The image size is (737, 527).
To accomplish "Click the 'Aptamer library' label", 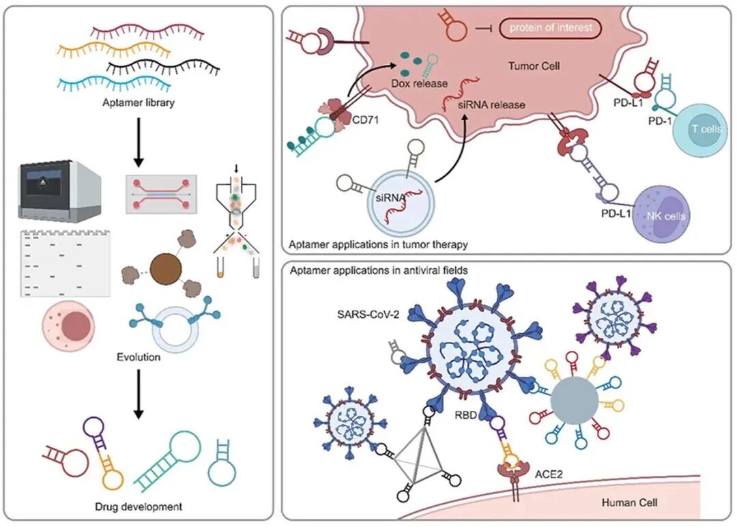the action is tap(138, 102).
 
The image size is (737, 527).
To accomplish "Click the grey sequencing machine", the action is tap(59, 190).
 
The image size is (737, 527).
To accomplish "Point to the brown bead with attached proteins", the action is tap(166, 269).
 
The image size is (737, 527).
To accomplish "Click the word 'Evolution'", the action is tap(138, 357).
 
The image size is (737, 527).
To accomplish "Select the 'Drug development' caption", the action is tap(138, 507).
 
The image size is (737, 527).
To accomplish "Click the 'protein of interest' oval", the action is tap(550, 28).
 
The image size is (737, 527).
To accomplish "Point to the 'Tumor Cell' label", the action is tap(534, 66).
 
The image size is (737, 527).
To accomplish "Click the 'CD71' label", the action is tap(365, 120).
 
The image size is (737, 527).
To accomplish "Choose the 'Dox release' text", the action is tap(419, 84).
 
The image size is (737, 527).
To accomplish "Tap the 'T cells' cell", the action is tap(699, 129).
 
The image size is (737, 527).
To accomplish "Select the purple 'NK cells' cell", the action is tap(662, 214).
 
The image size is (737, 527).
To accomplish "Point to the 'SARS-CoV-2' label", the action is tap(368, 314).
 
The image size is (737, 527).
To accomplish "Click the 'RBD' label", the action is tap(465, 415).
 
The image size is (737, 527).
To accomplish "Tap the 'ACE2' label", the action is tap(549, 474).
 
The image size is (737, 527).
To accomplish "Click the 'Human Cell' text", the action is tap(629, 502).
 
